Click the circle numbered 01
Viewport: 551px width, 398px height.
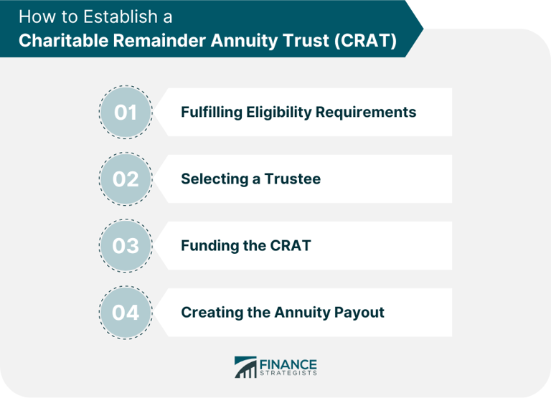[x=126, y=112]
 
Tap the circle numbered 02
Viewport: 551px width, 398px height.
[x=126, y=179]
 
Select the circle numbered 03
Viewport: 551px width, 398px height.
[x=126, y=245]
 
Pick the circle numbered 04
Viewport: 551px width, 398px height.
[x=126, y=312]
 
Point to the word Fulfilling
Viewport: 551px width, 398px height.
[x=212, y=113]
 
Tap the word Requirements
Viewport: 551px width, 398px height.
[x=366, y=113]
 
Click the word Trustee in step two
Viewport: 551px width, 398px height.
[x=293, y=179]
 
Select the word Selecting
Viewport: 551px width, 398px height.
[x=215, y=179]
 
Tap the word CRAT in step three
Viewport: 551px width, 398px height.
[x=291, y=245]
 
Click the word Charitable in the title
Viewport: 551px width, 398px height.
[x=64, y=40]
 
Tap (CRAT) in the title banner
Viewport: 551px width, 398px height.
[x=365, y=40]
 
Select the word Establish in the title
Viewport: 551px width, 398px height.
[x=121, y=17]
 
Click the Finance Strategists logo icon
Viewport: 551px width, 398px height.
[x=245, y=367]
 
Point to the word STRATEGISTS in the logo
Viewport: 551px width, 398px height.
[x=288, y=373]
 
